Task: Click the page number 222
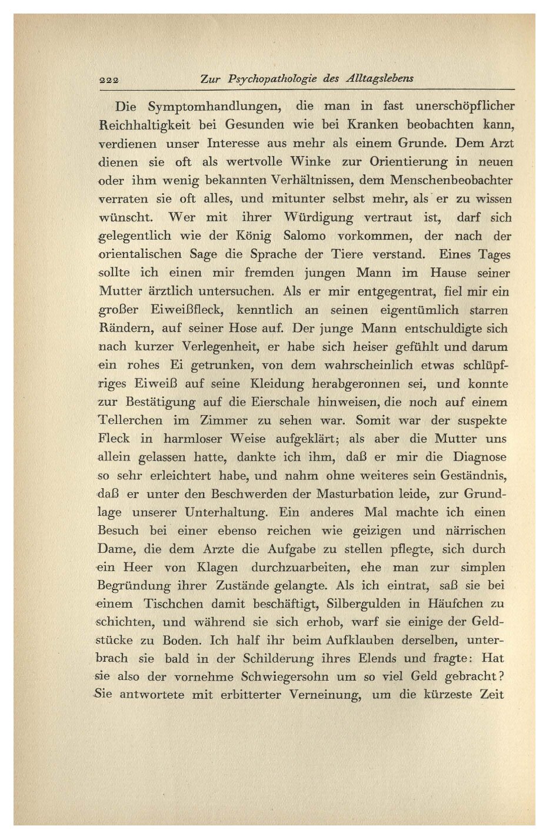tap(109, 79)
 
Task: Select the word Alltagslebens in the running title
tap(380, 78)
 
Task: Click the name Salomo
tap(304, 236)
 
